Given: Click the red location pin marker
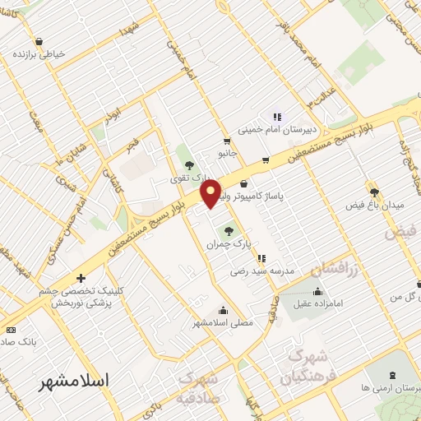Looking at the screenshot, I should click(x=211, y=193).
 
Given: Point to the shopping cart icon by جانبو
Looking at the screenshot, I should click(x=226, y=141).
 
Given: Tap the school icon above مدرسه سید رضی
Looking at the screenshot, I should click(x=261, y=258).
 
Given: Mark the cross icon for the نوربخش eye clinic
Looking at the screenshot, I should click(x=80, y=279).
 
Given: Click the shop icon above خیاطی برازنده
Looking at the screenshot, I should click(x=39, y=41).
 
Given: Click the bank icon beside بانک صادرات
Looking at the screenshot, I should click(x=9, y=329).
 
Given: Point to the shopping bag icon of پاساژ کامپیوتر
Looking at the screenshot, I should click(x=243, y=183).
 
